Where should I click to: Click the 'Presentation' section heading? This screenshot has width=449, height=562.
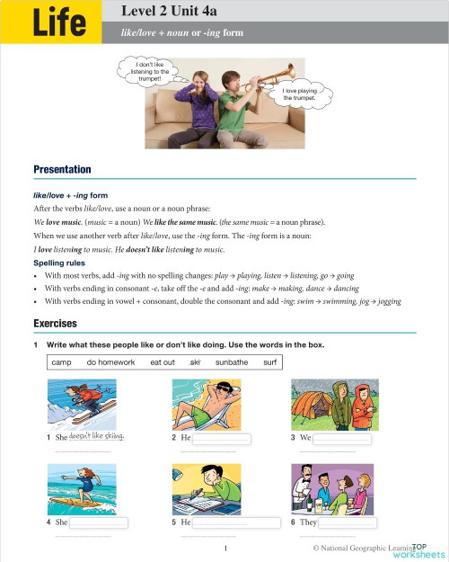pyautogui.click(x=62, y=169)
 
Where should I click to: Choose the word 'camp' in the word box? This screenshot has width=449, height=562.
pyautogui.click(x=61, y=361)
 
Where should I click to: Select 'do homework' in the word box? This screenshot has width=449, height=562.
pyautogui.click(x=110, y=361)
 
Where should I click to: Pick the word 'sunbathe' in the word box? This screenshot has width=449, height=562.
pyautogui.click(x=231, y=361)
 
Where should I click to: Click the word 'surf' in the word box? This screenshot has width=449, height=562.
pyautogui.click(x=269, y=361)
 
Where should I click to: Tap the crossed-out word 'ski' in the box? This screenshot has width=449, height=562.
pyautogui.click(x=195, y=361)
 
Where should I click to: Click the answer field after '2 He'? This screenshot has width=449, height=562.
pyautogui.click(x=222, y=438)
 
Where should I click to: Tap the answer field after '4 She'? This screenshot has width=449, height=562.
pyautogui.click(x=99, y=522)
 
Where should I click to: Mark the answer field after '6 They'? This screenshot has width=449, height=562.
pyautogui.click(x=348, y=522)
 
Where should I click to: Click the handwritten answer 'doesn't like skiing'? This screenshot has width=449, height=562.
pyautogui.click(x=96, y=437)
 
